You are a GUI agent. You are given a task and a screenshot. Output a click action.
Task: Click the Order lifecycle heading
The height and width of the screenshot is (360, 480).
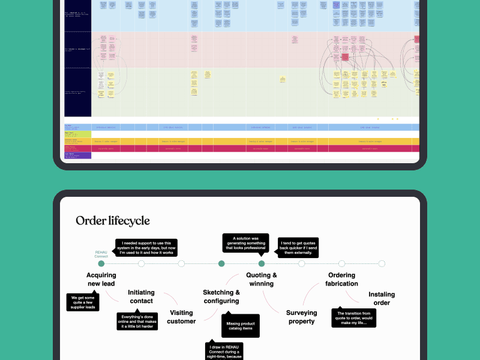(x=112, y=221)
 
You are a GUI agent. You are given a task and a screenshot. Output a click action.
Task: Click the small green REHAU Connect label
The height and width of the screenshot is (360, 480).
(x=101, y=254)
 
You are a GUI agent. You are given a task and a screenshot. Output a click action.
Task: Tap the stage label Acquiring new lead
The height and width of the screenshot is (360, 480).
(x=101, y=280)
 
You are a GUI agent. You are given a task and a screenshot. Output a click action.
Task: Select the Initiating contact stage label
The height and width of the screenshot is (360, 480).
(x=141, y=297)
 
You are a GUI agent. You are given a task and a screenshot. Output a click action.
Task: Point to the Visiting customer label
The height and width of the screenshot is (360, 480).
(x=181, y=317)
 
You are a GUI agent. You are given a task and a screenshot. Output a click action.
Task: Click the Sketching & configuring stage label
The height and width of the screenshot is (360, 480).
(x=221, y=296)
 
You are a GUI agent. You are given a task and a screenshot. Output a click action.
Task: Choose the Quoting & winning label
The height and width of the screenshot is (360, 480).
(x=262, y=280)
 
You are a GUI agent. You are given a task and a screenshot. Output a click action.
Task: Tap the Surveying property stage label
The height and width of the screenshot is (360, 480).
(x=301, y=317)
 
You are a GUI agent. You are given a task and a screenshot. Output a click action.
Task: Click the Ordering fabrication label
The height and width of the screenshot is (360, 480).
(x=342, y=280)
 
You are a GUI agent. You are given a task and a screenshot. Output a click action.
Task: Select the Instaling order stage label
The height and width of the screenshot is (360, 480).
(x=382, y=298)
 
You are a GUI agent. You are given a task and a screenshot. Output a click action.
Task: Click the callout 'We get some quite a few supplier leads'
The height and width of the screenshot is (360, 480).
(x=83, y=302)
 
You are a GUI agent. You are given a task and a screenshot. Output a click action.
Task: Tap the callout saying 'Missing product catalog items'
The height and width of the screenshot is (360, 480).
(x=240, y=326)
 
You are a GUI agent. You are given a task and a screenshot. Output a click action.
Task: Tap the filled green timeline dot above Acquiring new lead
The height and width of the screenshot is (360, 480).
(x=101, y=263)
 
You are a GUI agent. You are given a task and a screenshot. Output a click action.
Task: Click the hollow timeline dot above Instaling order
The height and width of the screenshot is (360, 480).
(x=382, y=263)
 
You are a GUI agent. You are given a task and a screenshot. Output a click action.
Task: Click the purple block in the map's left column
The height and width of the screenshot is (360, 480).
(x=77, y=155)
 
